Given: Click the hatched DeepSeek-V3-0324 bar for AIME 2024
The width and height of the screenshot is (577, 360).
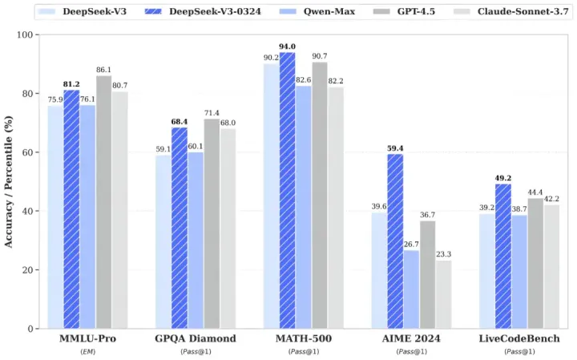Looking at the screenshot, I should point(395,241).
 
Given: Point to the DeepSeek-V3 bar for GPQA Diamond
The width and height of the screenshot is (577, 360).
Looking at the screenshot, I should point(163,241).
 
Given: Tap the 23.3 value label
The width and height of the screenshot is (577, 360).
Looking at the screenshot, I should point(444,254).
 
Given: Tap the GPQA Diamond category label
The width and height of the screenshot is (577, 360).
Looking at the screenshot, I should point(195,338).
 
